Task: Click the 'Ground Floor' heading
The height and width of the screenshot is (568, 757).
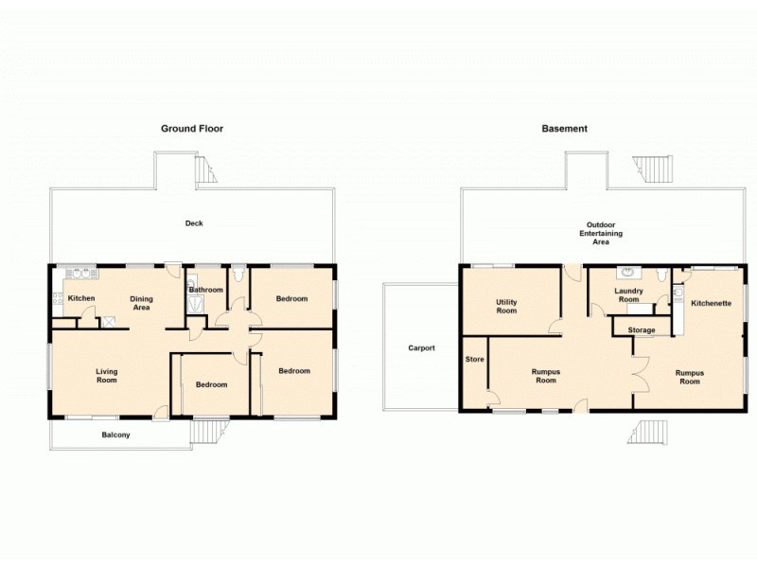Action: [x=192, y=129]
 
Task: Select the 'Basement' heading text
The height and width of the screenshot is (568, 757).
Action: [x=565, y=129]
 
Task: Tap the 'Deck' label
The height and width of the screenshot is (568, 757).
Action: [x=194, y=223]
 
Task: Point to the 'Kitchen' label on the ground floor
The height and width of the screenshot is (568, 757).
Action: [x=81, y=299]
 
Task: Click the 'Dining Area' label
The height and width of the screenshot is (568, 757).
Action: [x=141, y=303]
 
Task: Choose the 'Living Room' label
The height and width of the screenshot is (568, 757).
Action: [x=106, y=376]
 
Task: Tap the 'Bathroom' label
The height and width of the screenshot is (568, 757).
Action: [x=205, y=290]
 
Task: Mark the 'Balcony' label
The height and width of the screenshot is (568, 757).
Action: [x=116, y=435]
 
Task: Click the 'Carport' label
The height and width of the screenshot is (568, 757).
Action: [x=421, y=348]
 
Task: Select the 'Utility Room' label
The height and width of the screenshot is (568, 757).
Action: [x=506, y=306]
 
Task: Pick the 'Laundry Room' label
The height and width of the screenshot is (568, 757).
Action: [x=629, y=295]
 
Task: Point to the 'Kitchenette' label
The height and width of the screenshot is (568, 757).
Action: [x=710, y=304]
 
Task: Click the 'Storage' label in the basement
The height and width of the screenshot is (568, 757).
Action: [x=642, y=330]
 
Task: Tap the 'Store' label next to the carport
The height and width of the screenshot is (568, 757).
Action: [x=474, y=360]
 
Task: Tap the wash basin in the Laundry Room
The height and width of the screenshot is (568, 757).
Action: [x=625, y=275]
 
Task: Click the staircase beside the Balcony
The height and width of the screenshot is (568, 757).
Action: [x=205, y=433]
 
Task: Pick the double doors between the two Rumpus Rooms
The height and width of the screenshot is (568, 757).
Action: [x=640, y=376]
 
